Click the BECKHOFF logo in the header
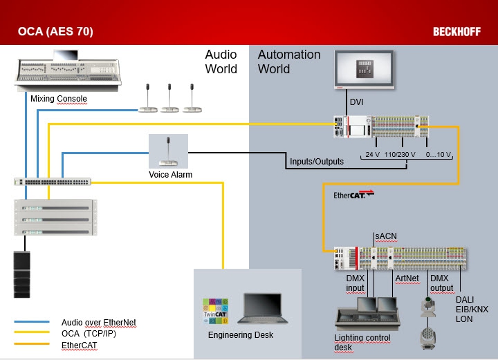[x=457, y=32]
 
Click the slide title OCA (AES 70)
[x=55, y=32]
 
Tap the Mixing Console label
[x=59, y=99]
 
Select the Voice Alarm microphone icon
[x=168, y=151]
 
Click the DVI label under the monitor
[x=357, y=102]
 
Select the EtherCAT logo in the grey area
[x=353, y=195]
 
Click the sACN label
[x=385, y=236]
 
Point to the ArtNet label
[x=407, y=278]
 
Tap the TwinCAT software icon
[x=214, y=310]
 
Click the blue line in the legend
[x=31, y=322]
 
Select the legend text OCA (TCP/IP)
[x=88, y=333]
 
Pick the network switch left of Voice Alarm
[x=52, y=182]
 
